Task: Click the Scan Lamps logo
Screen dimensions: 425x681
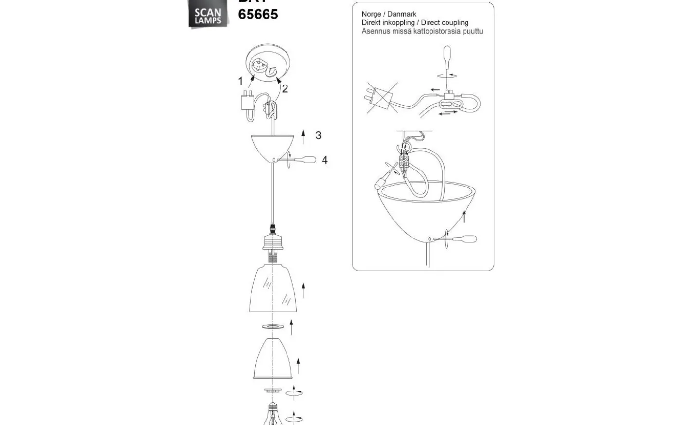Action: point(208,15)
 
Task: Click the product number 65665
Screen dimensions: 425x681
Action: point(258,15)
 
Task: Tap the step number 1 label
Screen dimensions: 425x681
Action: point(240,81)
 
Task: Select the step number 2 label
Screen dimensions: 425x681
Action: point(285,88)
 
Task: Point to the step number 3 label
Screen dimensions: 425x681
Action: point(318,135)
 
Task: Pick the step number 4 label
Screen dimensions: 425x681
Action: point(324,160)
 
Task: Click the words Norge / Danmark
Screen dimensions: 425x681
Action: point(389,14)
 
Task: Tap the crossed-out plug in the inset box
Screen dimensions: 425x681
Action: point(381,97)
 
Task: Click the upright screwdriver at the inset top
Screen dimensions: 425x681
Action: point(447,58)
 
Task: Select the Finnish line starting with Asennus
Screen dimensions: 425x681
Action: point(422,31)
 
